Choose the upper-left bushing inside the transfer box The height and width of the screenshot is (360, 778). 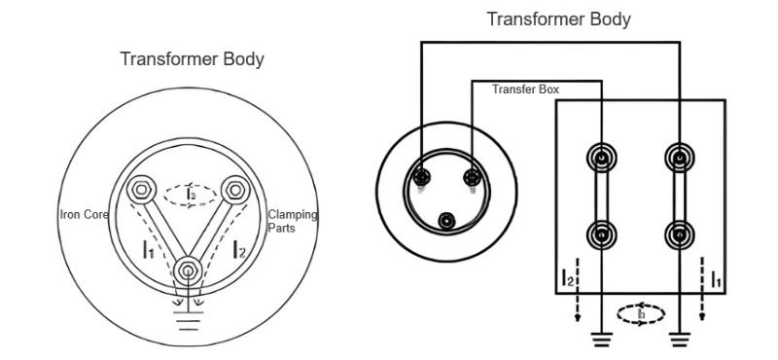[x=603, y=159]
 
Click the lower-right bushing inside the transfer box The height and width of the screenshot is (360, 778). [x=678, y=234]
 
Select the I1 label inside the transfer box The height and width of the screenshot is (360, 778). [x=716, y=282]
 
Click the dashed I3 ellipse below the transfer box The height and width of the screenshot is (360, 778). [x=641, y=314]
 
